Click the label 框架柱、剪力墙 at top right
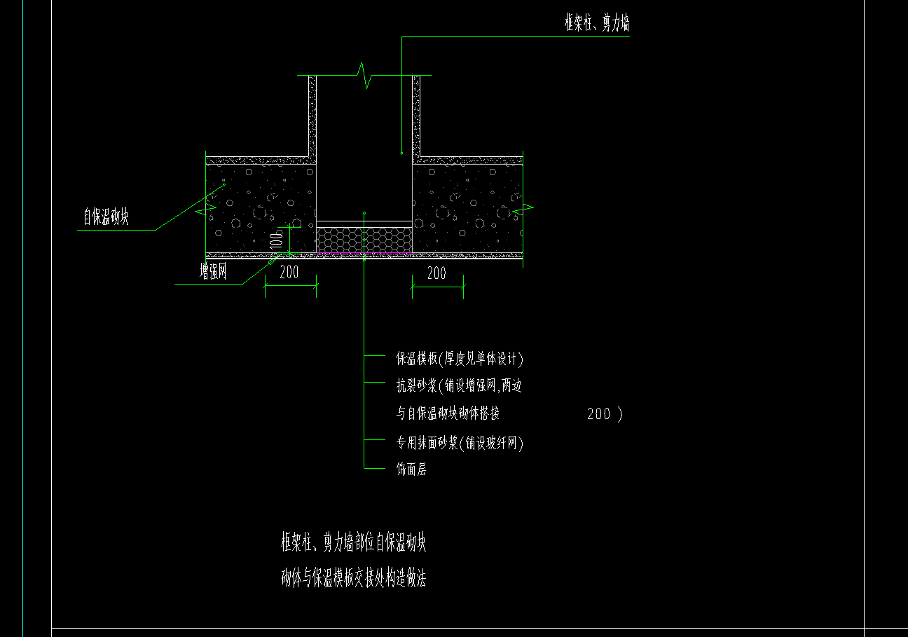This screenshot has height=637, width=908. coord(597,22)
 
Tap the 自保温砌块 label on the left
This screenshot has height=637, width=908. coord(106,216)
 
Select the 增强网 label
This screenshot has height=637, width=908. coord(213,271)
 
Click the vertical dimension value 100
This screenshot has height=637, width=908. coord(276,240)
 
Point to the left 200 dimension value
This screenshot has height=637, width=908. coord(289,272)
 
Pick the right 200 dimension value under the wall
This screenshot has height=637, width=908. coord(436,273)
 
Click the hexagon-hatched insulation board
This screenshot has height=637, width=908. coord(364,240)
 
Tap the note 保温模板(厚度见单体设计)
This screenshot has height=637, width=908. coord(460,359)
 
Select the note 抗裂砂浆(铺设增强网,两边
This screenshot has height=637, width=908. coord(459,385)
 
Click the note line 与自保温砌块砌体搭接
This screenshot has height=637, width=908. coord(448,413)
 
